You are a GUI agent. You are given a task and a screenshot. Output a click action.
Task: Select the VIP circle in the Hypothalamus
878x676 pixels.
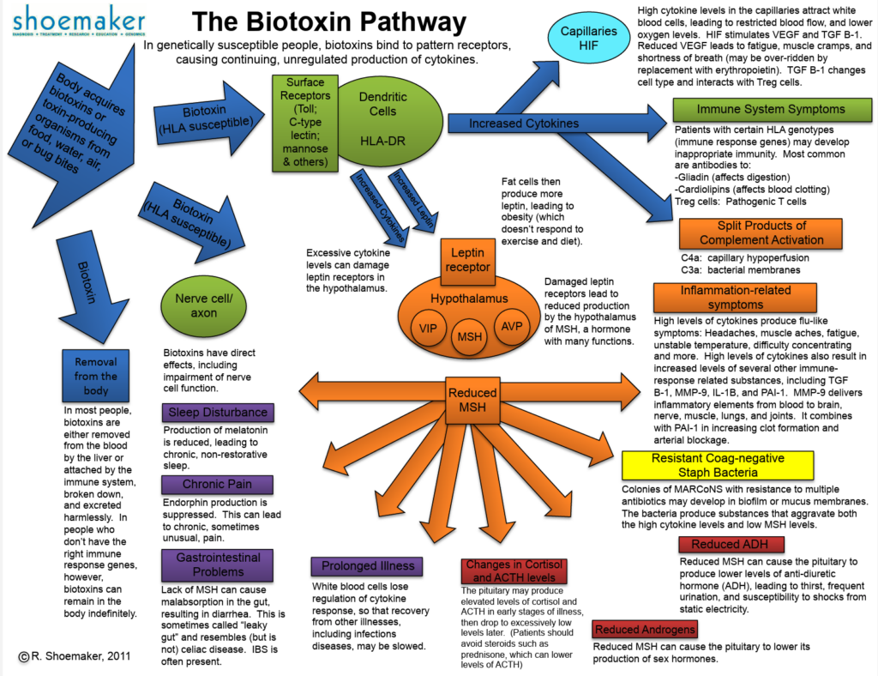pos(427,328)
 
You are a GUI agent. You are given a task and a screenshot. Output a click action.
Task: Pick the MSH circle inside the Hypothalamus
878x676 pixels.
pos(469,336)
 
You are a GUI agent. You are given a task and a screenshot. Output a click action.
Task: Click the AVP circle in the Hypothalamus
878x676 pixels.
pos(511,328)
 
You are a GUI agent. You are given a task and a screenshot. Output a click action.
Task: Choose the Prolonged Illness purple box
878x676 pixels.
pos(368,566)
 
